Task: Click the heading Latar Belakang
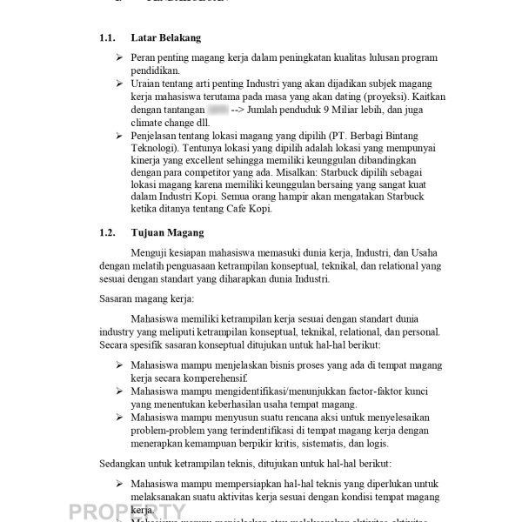[x=165, y=38]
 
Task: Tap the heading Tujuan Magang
[x=167, y=233]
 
